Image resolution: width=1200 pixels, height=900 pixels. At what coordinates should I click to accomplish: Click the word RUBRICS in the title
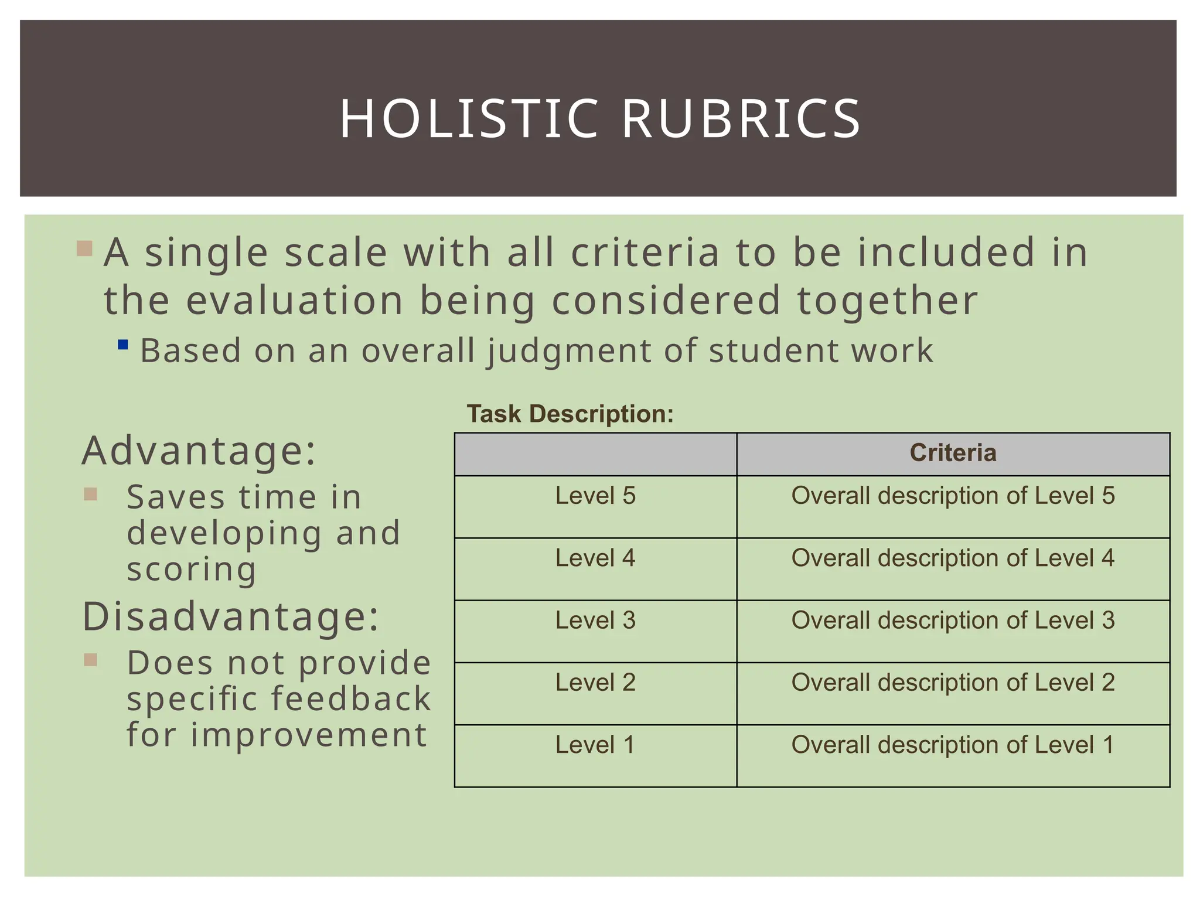(x=741, y=119)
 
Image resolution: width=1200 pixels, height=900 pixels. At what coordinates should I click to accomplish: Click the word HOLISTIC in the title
(x=469, y=119)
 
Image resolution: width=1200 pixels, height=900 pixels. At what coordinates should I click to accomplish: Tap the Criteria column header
(x=953, y=453)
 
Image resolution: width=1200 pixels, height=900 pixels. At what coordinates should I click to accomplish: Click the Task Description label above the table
(x=570, y=414)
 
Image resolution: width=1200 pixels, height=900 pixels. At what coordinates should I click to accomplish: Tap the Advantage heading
(x=199, y=451)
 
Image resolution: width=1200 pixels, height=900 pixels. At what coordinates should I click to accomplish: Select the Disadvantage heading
(x=231, y=616)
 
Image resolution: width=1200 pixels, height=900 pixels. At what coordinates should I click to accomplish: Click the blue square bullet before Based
(x=123, y=345)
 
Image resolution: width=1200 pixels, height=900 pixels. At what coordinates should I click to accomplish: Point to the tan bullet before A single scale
(x=84, y=248)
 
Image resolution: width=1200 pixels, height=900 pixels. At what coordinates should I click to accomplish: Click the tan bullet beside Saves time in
(x=90, y=495)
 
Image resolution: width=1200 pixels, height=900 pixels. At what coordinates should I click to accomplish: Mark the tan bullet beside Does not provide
(x=90, y=660)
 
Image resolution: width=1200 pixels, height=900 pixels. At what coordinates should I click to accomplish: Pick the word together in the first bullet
(x=887, y=301)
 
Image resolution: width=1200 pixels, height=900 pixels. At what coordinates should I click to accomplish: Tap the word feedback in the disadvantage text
(x=351, y=699)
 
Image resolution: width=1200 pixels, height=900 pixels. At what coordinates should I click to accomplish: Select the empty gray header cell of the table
(x=595, y=454)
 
